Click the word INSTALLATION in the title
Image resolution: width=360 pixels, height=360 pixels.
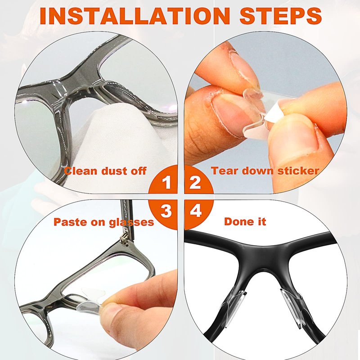[x=135, y=16]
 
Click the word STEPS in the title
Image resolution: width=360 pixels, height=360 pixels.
[x=280, y=16]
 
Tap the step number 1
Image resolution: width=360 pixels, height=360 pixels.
[x=167, y=183]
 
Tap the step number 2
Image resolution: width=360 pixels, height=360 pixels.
[x=195, y=183]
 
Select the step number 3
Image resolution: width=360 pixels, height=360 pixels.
[x=166, y=211]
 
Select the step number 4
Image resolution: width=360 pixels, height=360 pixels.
[x=196, y=211]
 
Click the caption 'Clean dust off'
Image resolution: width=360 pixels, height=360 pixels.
[x=105, y=171]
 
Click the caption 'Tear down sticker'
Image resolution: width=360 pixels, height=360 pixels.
[x=265, y=171]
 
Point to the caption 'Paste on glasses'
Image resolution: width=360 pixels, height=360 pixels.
[x=104, y=222]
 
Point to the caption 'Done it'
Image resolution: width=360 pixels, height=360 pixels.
[x=245, y=221]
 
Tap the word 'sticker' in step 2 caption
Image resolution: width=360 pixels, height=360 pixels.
[x=298, y=171]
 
